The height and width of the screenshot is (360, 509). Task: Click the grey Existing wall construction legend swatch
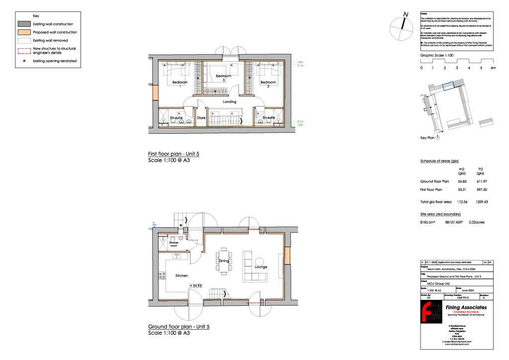(23, 24)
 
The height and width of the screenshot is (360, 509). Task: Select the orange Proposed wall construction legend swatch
(23, 32)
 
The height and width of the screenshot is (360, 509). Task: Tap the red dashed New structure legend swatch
(23, 50)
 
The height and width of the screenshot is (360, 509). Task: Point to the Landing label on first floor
(230, 101)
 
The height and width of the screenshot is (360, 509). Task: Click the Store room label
(201, 118)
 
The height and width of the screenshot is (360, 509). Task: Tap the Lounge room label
(261, 267)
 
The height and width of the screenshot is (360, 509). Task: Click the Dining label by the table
(224, 261)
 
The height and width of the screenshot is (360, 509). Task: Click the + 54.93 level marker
(198, 285)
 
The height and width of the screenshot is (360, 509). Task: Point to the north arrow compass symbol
(401, 28)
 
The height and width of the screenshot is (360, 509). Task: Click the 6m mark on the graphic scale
(493, 67)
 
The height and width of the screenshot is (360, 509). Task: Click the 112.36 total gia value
(462, 202)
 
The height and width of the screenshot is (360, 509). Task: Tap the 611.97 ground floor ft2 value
(481, 181)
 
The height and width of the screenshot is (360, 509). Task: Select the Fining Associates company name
(466, 307)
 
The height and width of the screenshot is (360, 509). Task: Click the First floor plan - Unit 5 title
(173, 154)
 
